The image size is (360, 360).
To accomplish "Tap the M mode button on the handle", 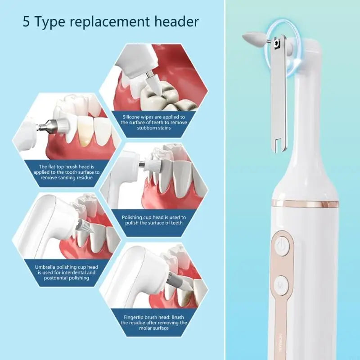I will (x=281, y=285).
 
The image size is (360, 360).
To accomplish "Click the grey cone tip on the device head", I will (x=250, y=38).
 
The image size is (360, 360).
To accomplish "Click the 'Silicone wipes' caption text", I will (x=153, y=122).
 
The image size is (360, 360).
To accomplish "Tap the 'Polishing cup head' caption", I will (x=153, y=220).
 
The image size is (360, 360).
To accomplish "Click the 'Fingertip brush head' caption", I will (x=153, y=322).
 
